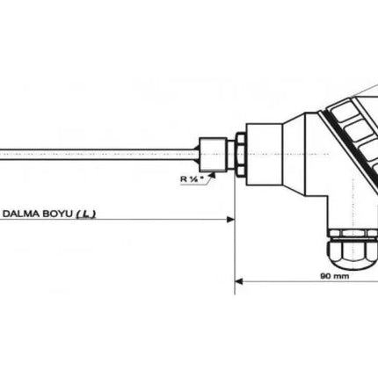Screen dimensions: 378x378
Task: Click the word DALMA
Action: coord(25,214)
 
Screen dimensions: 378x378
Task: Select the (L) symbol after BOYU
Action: coord(87,214)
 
